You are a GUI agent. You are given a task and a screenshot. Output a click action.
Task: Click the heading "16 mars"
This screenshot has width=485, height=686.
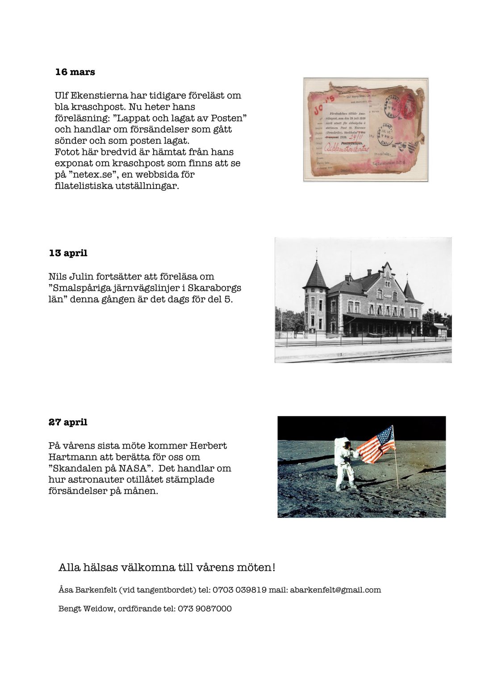(75, 72)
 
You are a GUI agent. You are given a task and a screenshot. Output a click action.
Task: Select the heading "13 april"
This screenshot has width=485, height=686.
(68, 253)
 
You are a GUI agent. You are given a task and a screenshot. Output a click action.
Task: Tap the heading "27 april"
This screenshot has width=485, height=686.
(68, 422)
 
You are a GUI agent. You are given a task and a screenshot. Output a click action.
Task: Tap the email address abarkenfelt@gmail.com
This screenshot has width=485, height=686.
(335, 590)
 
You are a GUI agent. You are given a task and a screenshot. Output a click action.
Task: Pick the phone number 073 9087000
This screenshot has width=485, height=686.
(205, 608)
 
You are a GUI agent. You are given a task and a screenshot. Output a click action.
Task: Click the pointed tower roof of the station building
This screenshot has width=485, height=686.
(316, 275)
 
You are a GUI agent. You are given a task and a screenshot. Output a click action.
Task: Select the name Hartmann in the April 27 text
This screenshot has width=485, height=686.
(69, 457)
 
